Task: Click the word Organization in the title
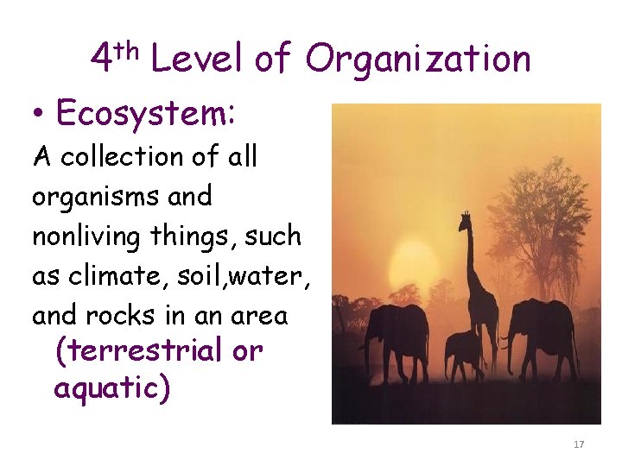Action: point(418,60)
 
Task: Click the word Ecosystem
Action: point(147,113)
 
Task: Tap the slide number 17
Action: point(579,444)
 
